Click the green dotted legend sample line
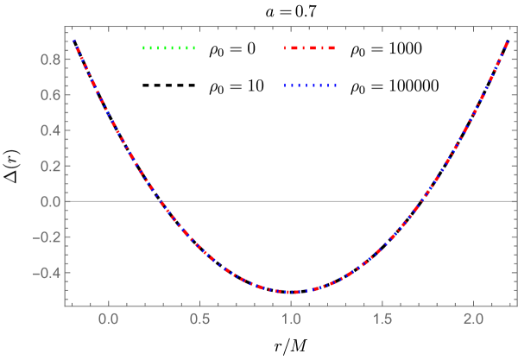pos(169,48)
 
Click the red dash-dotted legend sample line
pos(310,48)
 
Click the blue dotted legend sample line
pos(310,85)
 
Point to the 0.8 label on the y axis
pos(48,60)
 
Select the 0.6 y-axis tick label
pos(48,95)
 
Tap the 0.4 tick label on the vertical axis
pos(48,130)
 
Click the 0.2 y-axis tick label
pos(48,166)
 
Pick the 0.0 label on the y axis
pos(48,201)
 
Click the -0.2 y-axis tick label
pos(46,237)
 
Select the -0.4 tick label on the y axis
pos(46,273)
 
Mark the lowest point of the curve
pos(292,292)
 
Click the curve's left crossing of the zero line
pos(161,201)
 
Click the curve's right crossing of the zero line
pos(422,201)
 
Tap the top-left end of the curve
pos(74,41)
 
